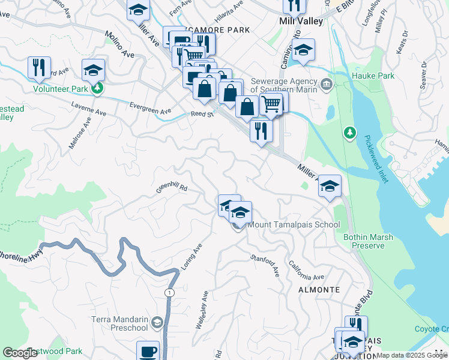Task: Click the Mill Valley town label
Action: [301, 21]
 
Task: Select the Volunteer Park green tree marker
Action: [97, 89]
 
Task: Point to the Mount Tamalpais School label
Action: [294, 225]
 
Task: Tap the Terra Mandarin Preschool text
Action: [120, 323]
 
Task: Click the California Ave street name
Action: [306, 271]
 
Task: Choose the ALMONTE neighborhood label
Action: [319, 290]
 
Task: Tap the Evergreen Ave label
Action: [151, 107]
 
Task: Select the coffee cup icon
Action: [148, 351]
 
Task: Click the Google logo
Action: [20, 353]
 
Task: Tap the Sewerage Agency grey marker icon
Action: [326, 83]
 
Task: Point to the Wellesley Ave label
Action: [201, 310]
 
